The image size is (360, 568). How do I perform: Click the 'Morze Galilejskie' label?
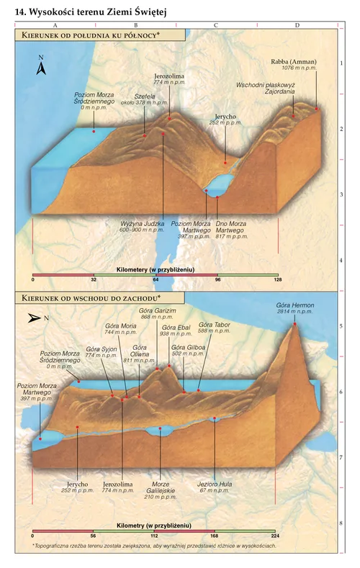(160, 487)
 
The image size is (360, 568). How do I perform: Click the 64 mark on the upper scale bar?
(156, 279)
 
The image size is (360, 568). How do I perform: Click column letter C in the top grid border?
(216, 25)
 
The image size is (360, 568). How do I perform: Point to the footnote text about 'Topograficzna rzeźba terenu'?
(154, 547)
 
